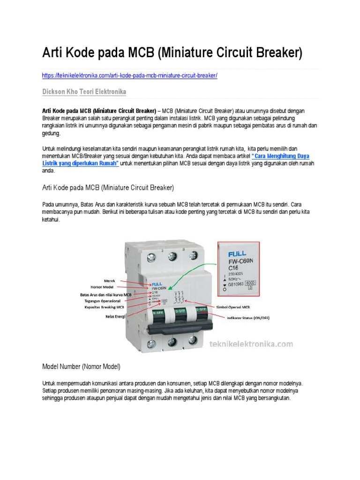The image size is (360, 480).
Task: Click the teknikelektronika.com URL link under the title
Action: click(130, 75)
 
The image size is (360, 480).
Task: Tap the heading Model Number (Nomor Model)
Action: click(81, 366)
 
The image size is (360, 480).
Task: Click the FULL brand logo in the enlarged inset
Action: click(237, 254)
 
